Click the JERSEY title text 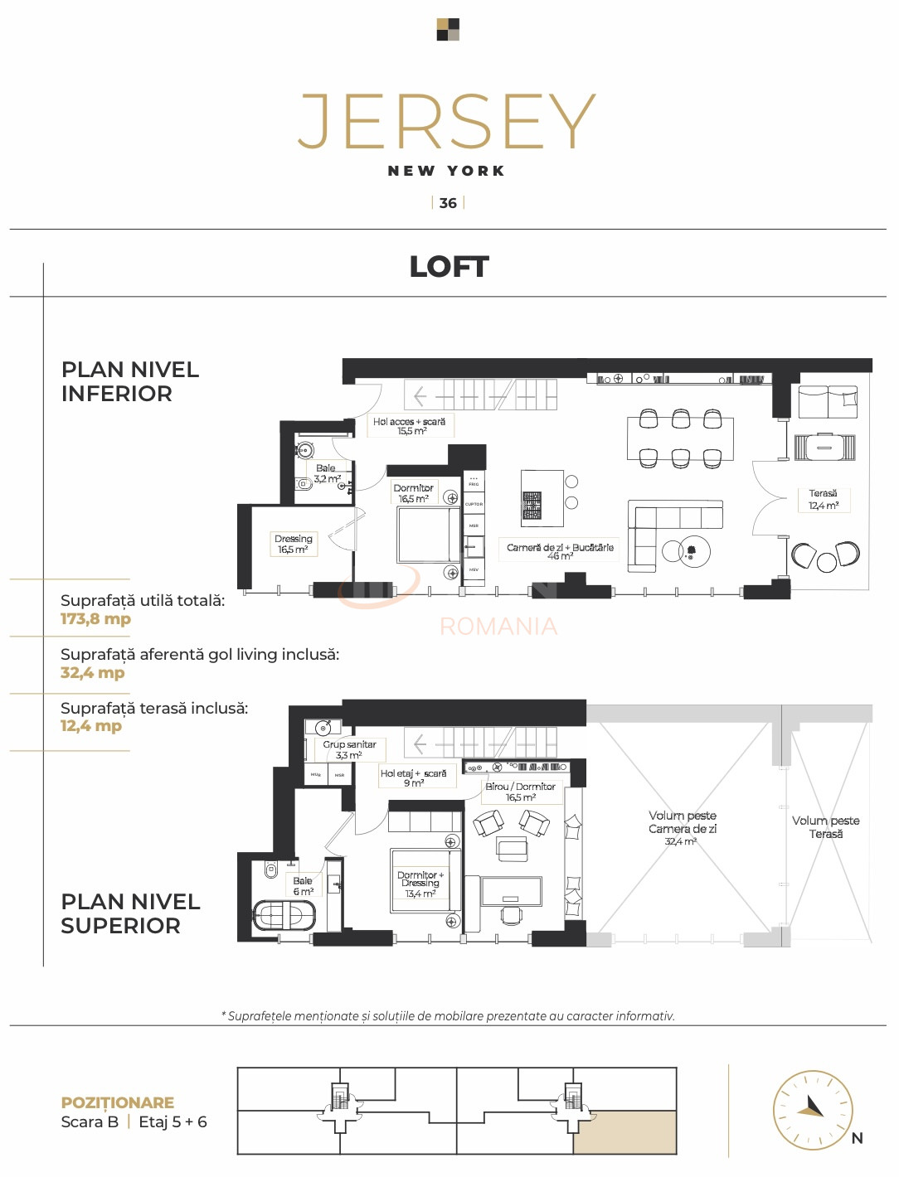click(x=447, y=122)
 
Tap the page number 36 click(x=448, y=203)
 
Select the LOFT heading click(x=449, y=267)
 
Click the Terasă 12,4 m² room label click(x=824, y=500)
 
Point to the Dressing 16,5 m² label click(x=294, y=544)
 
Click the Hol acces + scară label click(x=410, y=426)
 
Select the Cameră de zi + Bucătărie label click(x=560, y=551)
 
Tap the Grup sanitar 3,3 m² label click(x=349, y=749)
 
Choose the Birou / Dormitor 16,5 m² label click(x=521, y=792)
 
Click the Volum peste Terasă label click(x=826, y=827)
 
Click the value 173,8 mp click(x=95, y=619)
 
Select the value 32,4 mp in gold click(x=92, y=673)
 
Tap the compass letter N click(x=858, y=1138)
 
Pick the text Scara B click(x=90, y=1122)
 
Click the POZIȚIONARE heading click(x=118, y=1102)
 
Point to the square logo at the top click(x=448, y=30)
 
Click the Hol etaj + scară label click(x=413, y=777)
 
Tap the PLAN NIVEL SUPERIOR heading click(x=130, y=913)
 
